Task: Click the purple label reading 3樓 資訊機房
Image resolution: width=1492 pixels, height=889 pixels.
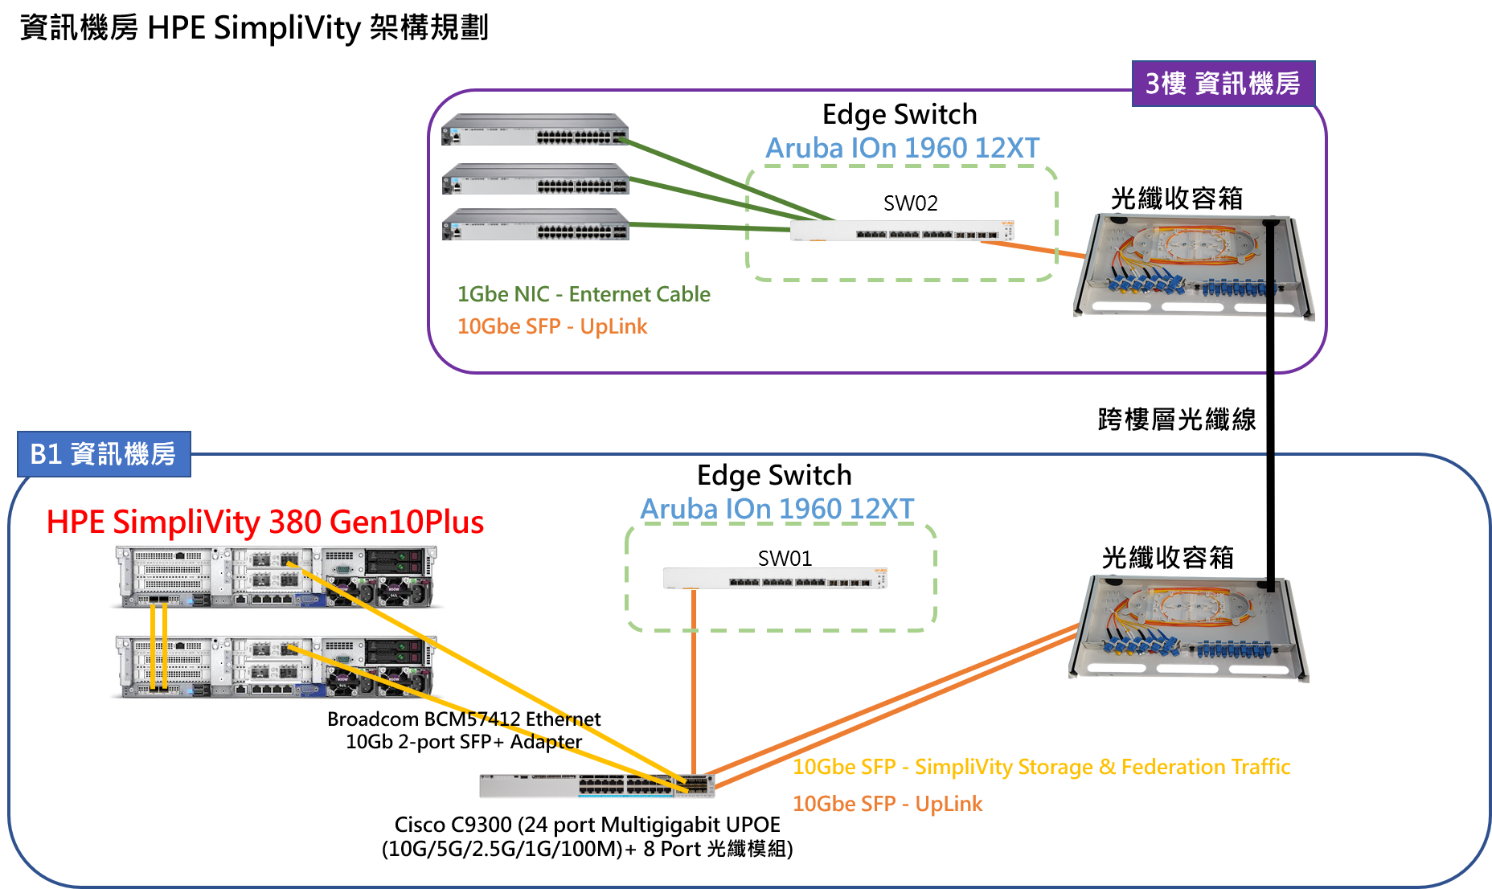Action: point(1223,84)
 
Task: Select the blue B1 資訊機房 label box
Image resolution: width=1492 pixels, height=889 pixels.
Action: point(104,454)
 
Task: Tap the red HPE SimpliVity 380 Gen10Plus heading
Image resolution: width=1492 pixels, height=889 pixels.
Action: point(265,522)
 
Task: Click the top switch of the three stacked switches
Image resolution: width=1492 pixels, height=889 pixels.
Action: point(535,129)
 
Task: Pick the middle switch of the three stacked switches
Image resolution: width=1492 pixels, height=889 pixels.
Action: point(535,179)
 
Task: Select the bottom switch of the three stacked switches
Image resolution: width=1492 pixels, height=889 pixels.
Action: point(535,224)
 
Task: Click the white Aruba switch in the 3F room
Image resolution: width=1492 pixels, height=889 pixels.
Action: point(901,231)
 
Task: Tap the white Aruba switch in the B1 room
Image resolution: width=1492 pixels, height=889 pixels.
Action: point(775,578)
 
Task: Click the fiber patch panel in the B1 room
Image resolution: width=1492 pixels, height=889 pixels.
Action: point(1188,628)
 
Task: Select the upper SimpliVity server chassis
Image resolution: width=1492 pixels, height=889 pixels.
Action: point(277,576)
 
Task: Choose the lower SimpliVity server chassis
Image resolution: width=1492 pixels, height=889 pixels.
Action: point(277,666)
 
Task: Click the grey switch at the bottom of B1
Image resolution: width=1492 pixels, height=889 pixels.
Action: point(596,785)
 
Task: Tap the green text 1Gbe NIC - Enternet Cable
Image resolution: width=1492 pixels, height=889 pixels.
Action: point(584,294)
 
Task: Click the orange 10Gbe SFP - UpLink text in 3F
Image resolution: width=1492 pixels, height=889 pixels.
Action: point(552,326)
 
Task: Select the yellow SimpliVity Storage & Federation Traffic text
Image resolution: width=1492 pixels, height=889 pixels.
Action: point(1041,767)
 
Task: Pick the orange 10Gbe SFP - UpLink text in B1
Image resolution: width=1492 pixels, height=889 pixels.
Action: point(887,804)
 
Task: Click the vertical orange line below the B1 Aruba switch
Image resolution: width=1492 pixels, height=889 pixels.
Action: point(694,683)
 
